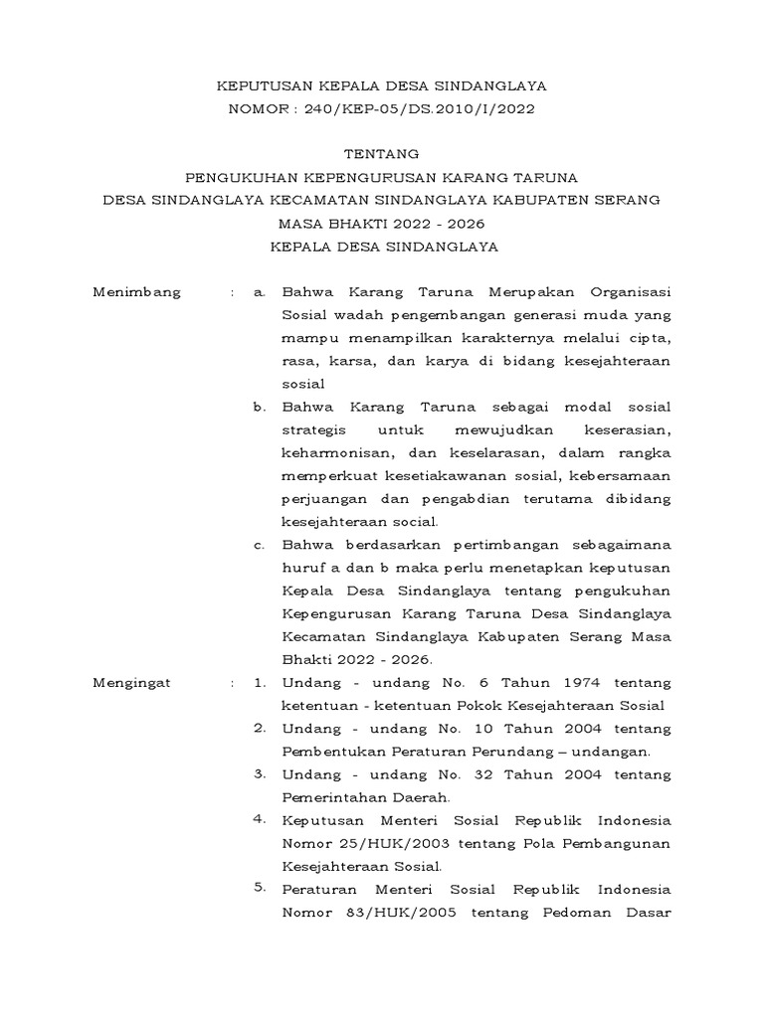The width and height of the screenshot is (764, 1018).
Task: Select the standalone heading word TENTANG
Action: tap(381, 154)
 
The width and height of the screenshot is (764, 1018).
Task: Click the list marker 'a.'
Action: tap(261, 292)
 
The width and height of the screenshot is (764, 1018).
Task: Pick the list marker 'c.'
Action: tap(260, 545)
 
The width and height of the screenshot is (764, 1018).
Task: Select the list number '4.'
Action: tap(260, 819)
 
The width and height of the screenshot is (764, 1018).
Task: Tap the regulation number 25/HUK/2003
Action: tap(388, 843)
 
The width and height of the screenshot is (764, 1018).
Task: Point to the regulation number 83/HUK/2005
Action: tap(389, 912)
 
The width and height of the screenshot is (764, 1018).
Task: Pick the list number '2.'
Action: tap(260, 728)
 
